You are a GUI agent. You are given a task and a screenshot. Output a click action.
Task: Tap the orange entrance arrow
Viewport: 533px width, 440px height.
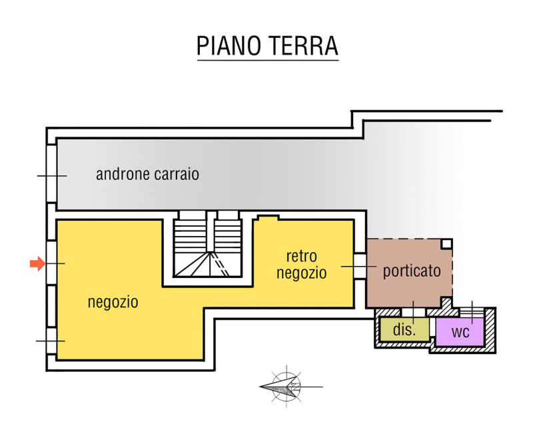click(37, 264)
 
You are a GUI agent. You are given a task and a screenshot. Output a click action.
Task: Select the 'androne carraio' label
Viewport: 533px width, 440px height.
click(147, 175)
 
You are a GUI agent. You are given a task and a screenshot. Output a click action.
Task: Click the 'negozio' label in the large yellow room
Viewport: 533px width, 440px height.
click(113, 302)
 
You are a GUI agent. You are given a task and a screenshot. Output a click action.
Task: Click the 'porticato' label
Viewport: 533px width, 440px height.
click(412, 271)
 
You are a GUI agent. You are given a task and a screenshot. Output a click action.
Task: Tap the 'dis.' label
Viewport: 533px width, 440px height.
click(404, 329)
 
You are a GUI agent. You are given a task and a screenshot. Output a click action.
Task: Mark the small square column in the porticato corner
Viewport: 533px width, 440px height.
click(446, 244)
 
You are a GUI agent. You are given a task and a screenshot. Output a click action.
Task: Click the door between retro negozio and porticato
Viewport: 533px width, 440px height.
click(359, 266)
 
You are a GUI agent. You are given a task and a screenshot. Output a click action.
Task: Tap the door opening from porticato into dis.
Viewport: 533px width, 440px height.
click(413, 311)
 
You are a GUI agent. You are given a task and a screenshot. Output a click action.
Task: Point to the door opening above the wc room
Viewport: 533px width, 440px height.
click(473, 311)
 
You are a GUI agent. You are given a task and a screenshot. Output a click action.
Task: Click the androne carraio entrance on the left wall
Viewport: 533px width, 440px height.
click(51, 175)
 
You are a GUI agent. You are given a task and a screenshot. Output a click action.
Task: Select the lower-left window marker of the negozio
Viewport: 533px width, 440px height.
click(51, 341)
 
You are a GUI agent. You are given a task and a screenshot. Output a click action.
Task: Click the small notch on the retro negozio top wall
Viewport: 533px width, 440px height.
click(267, 217)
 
